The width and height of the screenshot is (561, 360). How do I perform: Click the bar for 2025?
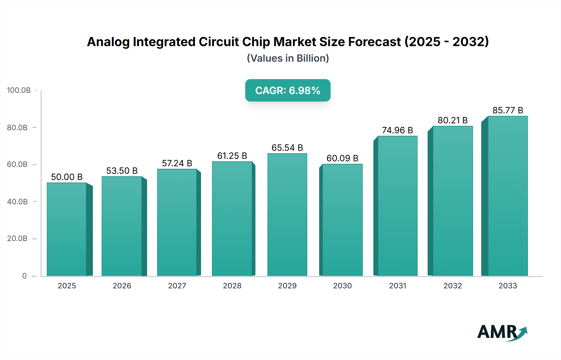click(x=67, y=229)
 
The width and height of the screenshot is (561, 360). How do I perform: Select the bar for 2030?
click(x=343, y=220)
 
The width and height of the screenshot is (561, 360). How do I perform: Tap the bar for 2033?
click(x=508, y=196)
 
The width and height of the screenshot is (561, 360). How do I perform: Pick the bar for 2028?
click(x=232, y=219)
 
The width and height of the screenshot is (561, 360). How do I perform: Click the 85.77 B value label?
click(x=508, y=110)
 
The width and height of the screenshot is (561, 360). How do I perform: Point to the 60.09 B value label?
click(x=342, y=158)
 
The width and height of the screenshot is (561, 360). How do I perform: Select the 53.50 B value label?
click(x=122, y=171)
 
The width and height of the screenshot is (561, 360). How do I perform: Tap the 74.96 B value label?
click(x=397, y=130)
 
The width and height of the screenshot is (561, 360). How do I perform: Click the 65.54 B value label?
click(x=287, y=148)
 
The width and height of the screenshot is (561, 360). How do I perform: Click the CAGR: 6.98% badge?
click(x=288, y=90)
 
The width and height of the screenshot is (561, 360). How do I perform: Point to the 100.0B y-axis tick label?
click(x=19, y=90)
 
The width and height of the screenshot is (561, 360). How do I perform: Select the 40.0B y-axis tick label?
click(x=17, y=202)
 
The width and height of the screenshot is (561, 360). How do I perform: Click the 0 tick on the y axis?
click(x=24, y=276)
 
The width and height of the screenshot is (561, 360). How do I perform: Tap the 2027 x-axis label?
click(x=177, y=286)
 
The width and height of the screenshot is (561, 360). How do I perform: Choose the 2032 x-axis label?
click(x=453, y=286)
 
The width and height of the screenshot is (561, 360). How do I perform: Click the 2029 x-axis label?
click(x=287, y=286)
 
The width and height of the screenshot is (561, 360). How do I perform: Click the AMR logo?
click(x=502, y=332)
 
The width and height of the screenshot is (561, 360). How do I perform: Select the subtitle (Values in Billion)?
click(x=288, y=58)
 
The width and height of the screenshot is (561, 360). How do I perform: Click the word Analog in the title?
click(x=108, y=42)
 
